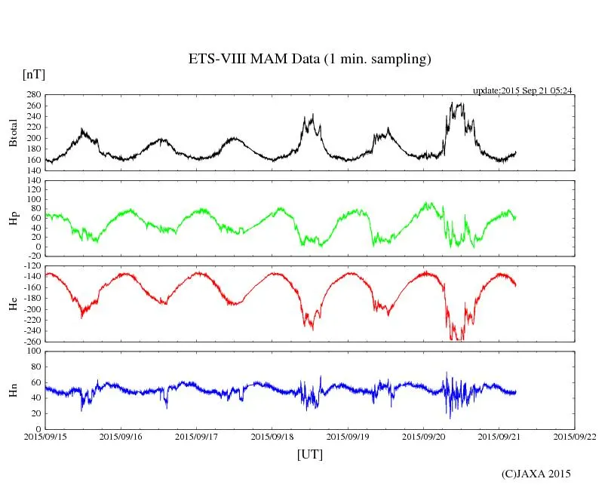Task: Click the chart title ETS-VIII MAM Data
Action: coord(309,60)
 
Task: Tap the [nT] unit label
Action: coord(33,75)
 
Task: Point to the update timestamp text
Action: coord(523,91)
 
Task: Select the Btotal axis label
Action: coord(13,133)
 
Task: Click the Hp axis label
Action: coord(13,219)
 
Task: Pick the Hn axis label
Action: coord(13,390)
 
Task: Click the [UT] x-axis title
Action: coord(309,454)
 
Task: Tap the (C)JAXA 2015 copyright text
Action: coord(536,474)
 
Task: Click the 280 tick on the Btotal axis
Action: coord(32,95)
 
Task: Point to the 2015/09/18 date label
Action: coord(272,436)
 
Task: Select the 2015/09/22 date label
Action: coord(575,436)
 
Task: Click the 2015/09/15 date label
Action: coord(45,436)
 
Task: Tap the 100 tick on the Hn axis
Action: coord(32,351)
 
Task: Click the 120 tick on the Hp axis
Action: coord(32,181)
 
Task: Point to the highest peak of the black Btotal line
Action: coord(452,103)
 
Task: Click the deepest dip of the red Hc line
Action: coord(454,340)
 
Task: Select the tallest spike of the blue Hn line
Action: coord(446,372)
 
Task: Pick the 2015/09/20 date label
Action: coord(423,436)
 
